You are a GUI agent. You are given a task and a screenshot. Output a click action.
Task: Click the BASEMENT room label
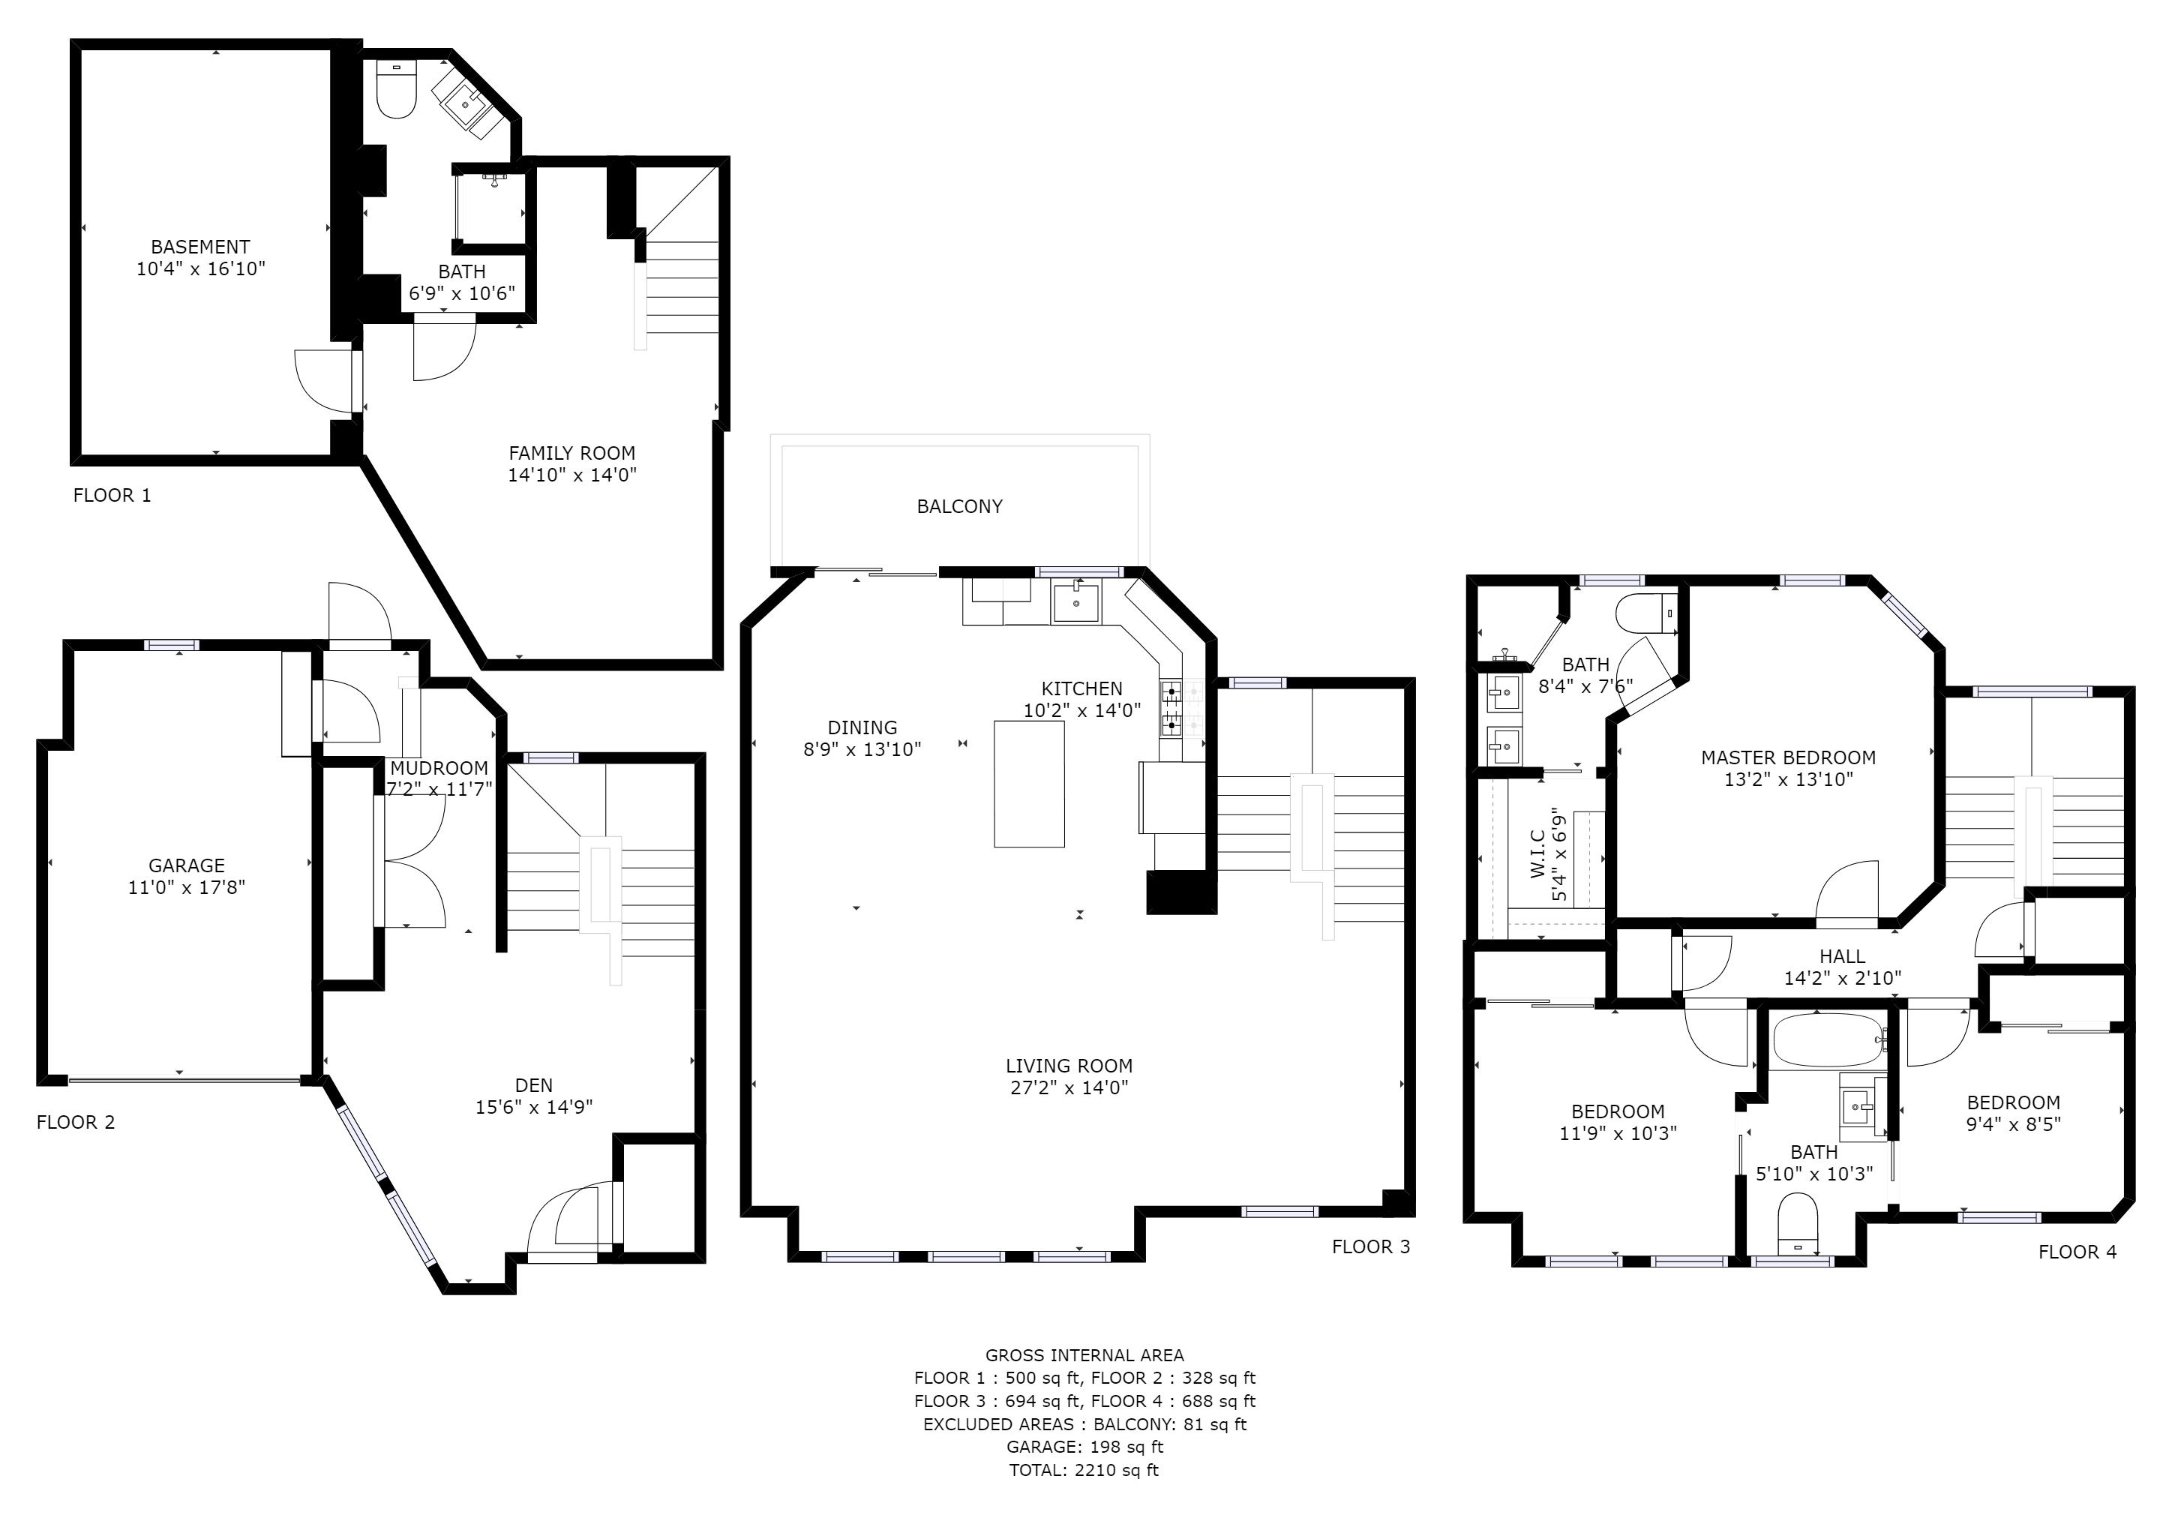pyautogui.click(x=200, y=247)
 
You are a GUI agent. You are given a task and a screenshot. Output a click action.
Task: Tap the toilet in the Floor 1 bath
pyautogui.click(x=396, y=89)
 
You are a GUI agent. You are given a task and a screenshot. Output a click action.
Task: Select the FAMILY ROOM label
pyautogui.click(x=572, y=453)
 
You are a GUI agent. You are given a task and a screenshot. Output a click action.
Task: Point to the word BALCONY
pyautogui.click(x=959, y=507)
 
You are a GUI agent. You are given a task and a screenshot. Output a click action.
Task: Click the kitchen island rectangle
pyautogui.click(x=1029, y=784)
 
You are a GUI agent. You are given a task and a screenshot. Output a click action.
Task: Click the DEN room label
pyautogui.click(x=535, y=1086)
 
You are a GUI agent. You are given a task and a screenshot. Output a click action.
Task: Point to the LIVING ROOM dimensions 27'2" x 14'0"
pyautogui.click(x=1069, y=1087)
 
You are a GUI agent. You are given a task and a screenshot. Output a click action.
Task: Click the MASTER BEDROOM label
pyautogui.click(x=1788, y=757)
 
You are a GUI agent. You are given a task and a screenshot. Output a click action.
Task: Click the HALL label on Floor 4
pyautogui.click(x=1842, y=956)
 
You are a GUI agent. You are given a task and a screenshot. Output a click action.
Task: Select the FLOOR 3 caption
pyautogui.click(x=1371, y=1246)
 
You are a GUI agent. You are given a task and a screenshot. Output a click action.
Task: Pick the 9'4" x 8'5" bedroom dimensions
pyautogui.click(x=2013, y=1124)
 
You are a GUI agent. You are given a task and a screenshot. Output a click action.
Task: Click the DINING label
pyautogui.click(x=862, y=727)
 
